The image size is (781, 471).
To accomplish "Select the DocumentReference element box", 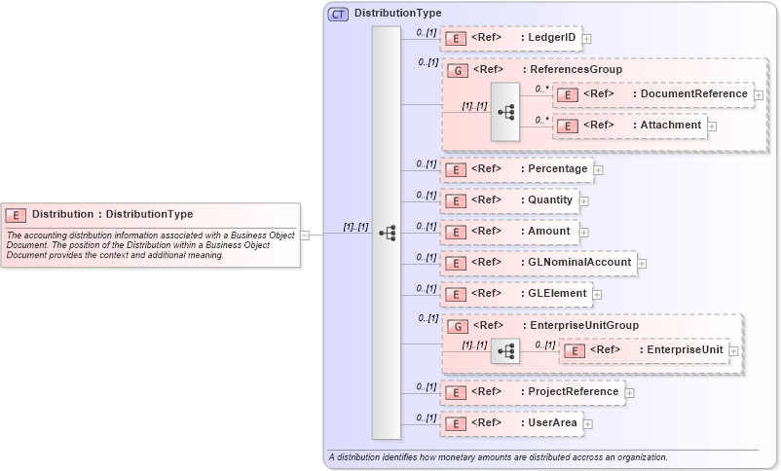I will tap(653, 94).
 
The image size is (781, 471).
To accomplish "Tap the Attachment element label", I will tap(670, 126).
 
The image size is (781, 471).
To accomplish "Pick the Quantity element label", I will tap(551, 200).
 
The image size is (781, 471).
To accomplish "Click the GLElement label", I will tap(558, 294).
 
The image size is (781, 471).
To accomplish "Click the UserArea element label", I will tap(552, 423).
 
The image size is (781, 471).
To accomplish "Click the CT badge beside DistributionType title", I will tap(338, 14).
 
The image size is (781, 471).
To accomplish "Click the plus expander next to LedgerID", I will tap(587, 39).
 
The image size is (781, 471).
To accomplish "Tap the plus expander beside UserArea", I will tap(588, 424).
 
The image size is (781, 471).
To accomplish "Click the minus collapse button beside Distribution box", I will tap(305, 235).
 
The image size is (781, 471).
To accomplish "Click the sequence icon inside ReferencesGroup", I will tap(505, 112).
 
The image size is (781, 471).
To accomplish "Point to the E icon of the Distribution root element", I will tap(17, 215).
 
